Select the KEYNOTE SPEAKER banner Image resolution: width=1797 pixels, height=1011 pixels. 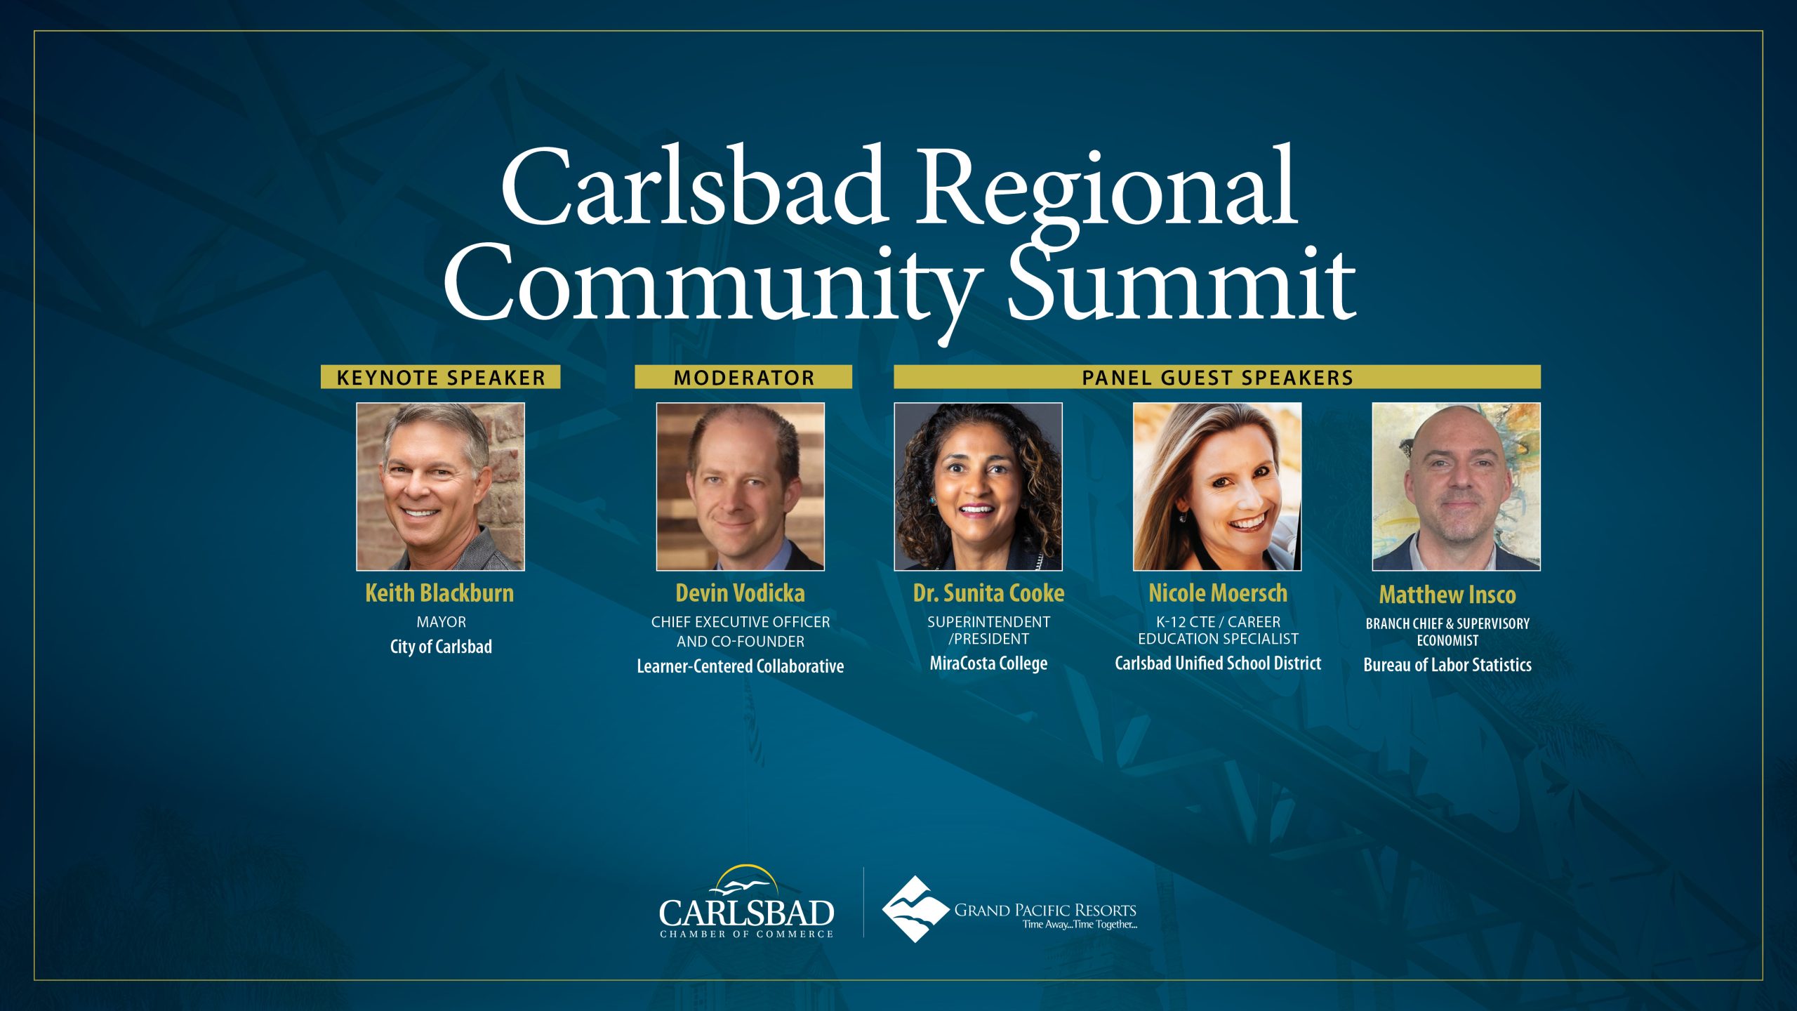tap(441, 377)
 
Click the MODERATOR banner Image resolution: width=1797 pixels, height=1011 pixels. tap(743, 377)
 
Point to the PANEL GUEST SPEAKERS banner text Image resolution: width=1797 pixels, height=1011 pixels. tap(1217, 378)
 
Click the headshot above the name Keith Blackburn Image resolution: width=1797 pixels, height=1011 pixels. tap(440, 487)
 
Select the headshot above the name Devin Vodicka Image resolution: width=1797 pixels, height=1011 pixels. tap(741, 487)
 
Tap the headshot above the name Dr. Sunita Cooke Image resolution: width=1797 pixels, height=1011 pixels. tap(979, 487)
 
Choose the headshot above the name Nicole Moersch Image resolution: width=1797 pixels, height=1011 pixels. tap(1217, 487)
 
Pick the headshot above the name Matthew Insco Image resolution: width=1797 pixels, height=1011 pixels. tap(1457, 487)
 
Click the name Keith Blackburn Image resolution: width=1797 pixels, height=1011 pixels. tap(439, 593)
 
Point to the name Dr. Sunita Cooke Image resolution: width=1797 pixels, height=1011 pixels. tap(988, 593)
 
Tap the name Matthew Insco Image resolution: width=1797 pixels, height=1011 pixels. tap(1447, 595)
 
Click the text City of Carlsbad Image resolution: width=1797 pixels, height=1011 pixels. tap(441, 647)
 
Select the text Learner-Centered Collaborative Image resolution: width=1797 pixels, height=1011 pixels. tap(741, 666)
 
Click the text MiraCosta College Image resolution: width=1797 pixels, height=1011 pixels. tap(988, 663)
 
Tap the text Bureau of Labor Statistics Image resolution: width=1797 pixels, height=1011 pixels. tap(1447, 665)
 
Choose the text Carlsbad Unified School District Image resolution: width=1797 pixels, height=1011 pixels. tap(1218, 663)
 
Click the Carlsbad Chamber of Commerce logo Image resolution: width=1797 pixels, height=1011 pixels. tap(746, 902)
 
